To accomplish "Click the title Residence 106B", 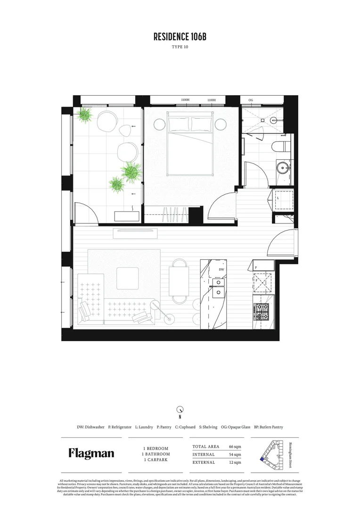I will point(180,37).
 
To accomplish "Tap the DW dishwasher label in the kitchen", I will point(221,270).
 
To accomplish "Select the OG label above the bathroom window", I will point(251,100).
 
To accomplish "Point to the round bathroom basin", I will point(283,168).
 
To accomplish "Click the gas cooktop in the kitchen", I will point(262,310).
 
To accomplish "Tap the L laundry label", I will point(278,198).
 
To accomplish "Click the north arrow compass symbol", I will point(180,410).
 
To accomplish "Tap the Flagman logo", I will point(91,453).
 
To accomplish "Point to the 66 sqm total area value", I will point(235,446).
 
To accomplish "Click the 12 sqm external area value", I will point(235,463).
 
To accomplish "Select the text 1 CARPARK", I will point(155,460).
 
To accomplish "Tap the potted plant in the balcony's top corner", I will point(85,115).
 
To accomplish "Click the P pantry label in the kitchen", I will point(256,267).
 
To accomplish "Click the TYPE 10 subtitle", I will point(180,47).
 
